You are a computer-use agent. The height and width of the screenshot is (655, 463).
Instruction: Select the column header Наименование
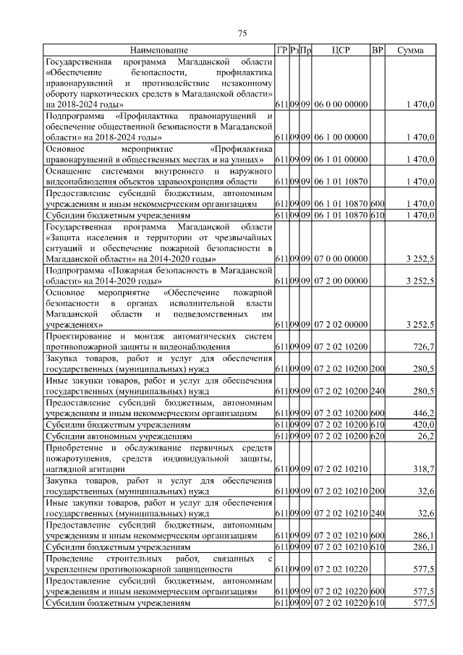tap(159, 51)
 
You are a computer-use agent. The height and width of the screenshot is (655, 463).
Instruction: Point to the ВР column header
tap(377, 51)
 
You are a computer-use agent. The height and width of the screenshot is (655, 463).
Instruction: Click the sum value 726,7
tap(422, 348)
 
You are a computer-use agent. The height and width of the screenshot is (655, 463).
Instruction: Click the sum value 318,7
tap(422, 470)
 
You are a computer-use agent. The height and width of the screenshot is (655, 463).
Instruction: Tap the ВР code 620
tap(377, 437)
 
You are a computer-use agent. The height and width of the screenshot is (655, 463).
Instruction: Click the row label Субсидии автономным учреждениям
tap(119, 437)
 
